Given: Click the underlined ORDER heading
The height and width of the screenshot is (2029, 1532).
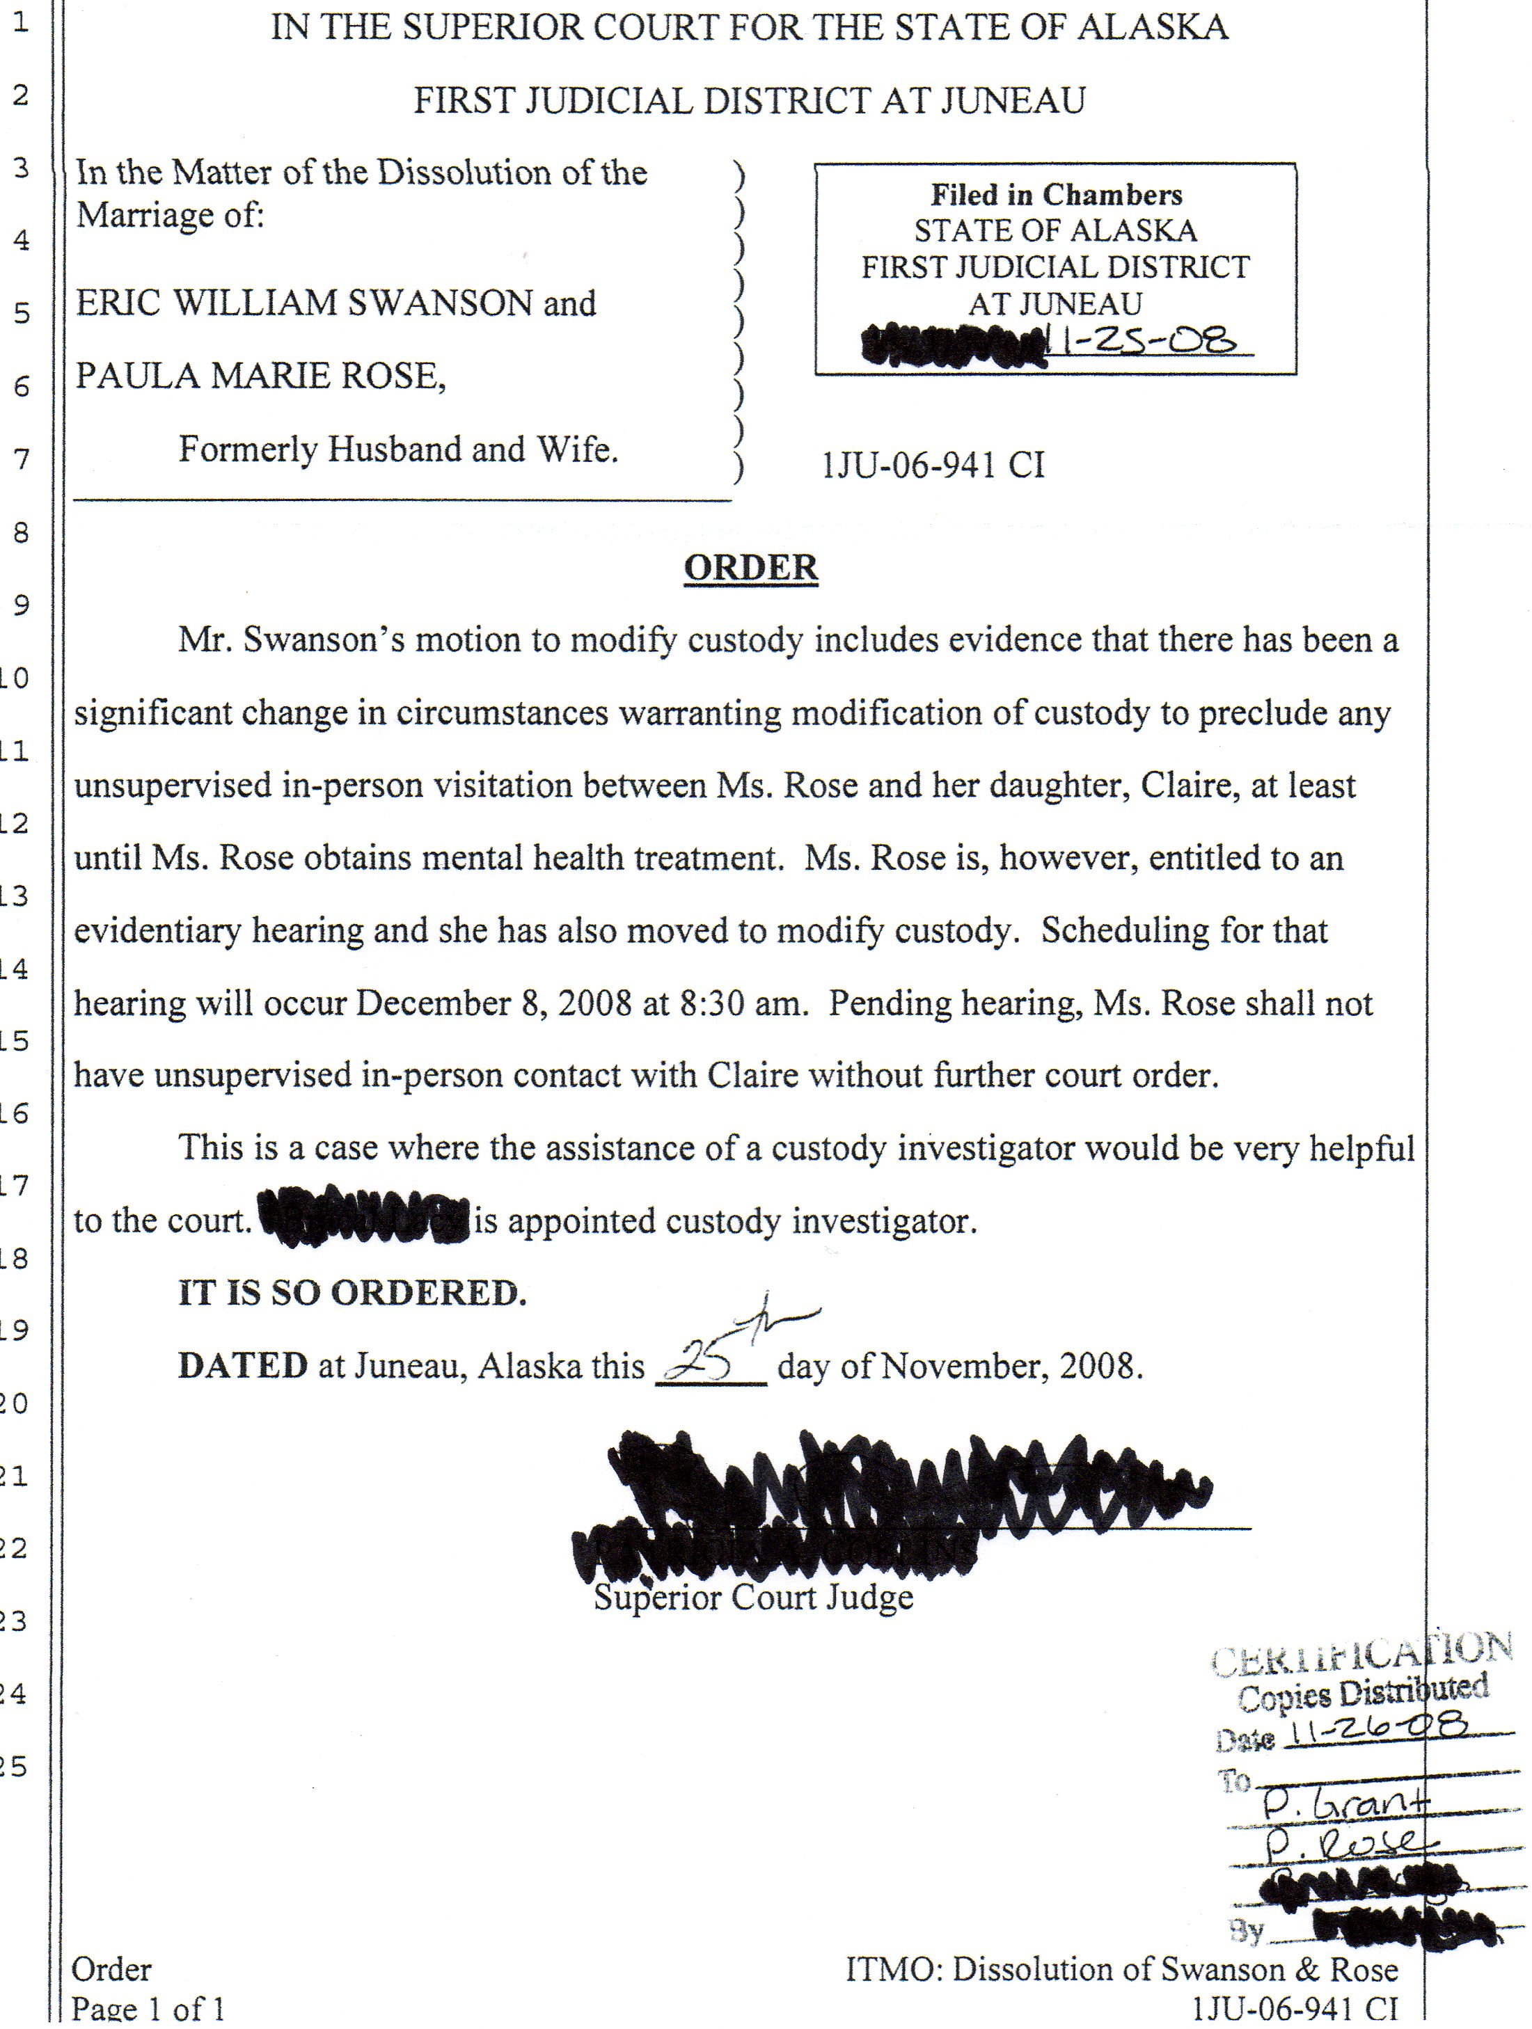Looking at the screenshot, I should [750, 568].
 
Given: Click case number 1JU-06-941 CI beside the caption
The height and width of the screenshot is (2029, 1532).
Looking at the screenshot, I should [933, 465].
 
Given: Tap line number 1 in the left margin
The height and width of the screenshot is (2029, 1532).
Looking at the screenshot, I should [20, 22].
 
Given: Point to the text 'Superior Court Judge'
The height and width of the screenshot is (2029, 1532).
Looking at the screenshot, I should [753, 1597].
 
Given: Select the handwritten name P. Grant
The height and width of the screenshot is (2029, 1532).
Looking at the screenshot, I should [1344, 1804].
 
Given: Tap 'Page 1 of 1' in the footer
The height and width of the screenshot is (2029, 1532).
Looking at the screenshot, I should [148, 2009].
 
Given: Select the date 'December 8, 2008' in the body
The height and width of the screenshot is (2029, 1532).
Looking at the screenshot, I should [493, 1003].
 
